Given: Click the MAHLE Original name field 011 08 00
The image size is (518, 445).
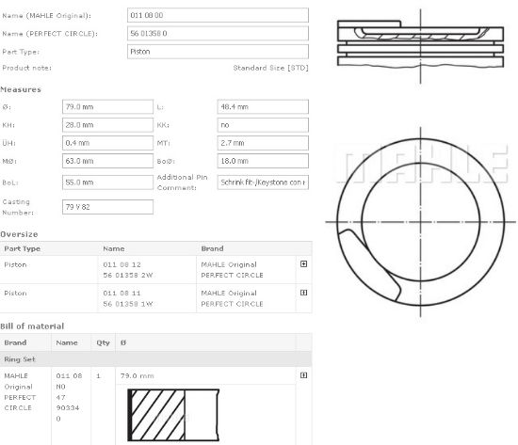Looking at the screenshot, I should (x=217, y=16).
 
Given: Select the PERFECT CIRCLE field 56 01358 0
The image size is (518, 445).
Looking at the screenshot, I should (x=217, y=34).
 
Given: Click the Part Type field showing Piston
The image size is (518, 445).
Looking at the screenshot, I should (x=217, y=52).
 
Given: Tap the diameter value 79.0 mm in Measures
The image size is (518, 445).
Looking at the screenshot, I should (x=106, y=107).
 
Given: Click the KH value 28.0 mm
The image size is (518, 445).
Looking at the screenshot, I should (x=106, y=125).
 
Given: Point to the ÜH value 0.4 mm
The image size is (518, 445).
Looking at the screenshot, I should (x=106, y=143).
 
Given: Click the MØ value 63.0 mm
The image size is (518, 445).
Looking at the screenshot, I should (x=106, y=162).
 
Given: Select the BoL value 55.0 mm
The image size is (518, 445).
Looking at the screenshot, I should (x=106, y=182).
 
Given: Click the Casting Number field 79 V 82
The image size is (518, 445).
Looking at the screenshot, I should (x=106, y=207).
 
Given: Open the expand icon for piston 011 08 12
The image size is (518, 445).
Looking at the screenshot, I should (x=303, y=264).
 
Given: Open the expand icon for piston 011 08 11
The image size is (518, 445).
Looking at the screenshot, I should (x=303, y=294).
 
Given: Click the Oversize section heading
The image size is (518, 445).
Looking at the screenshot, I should (x=20, y=233).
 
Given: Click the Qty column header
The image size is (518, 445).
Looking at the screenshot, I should (x=102, y=343).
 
